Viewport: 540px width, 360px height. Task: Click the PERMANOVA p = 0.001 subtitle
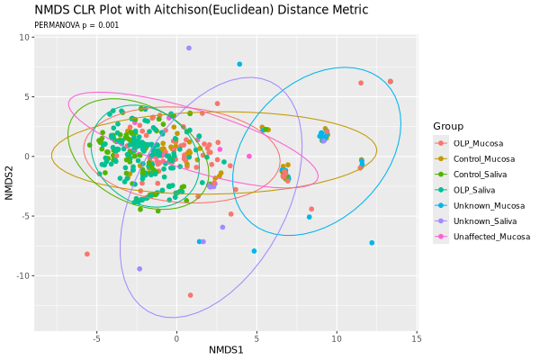pos(76,25)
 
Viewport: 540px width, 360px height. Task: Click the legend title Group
pos(448,125)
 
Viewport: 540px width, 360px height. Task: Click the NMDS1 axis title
pos(226,349)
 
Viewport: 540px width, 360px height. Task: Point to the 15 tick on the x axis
pos(416,338)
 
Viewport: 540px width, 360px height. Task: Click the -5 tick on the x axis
pos(96,338)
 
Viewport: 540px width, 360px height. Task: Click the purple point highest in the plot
pos(189,48)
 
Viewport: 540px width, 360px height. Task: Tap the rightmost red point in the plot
pos(391,81)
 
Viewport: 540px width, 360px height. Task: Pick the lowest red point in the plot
pos(190,295)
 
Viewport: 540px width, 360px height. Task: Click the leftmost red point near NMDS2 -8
pos(87,254)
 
